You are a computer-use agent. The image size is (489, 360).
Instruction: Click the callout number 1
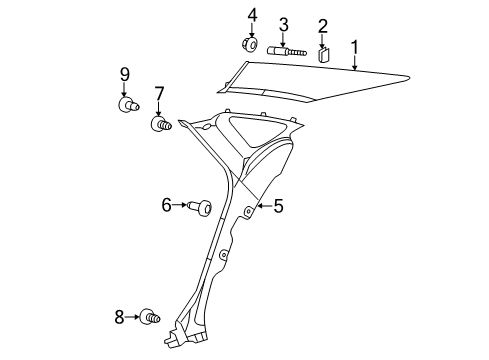click(x=355, y=46)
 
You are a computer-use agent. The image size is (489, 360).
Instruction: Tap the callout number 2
click(x=323, y=25)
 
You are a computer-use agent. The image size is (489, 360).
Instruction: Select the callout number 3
click(x=284, y=24)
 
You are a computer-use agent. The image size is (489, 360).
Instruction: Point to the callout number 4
click(x=253, y=15)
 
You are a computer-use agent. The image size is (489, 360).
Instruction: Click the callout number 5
click(x=278, y=207)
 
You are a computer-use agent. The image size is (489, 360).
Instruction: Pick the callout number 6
click(x=167, y=205)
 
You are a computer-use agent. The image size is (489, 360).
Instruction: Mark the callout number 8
click(x=119, y=317)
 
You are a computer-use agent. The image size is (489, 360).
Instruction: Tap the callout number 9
click(x=125, y=74)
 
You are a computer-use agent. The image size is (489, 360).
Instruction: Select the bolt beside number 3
click(x=280, y=47)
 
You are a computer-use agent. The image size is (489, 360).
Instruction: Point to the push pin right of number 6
click(x=203, y=206)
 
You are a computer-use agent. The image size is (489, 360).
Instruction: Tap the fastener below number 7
click(x=158, y=124)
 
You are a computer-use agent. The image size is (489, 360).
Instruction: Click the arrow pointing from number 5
click(x=263, y=207)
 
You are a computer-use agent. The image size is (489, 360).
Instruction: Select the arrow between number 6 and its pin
click(x=183, y=205)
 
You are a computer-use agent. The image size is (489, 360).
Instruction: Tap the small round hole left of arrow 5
click(x=247, y=210)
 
